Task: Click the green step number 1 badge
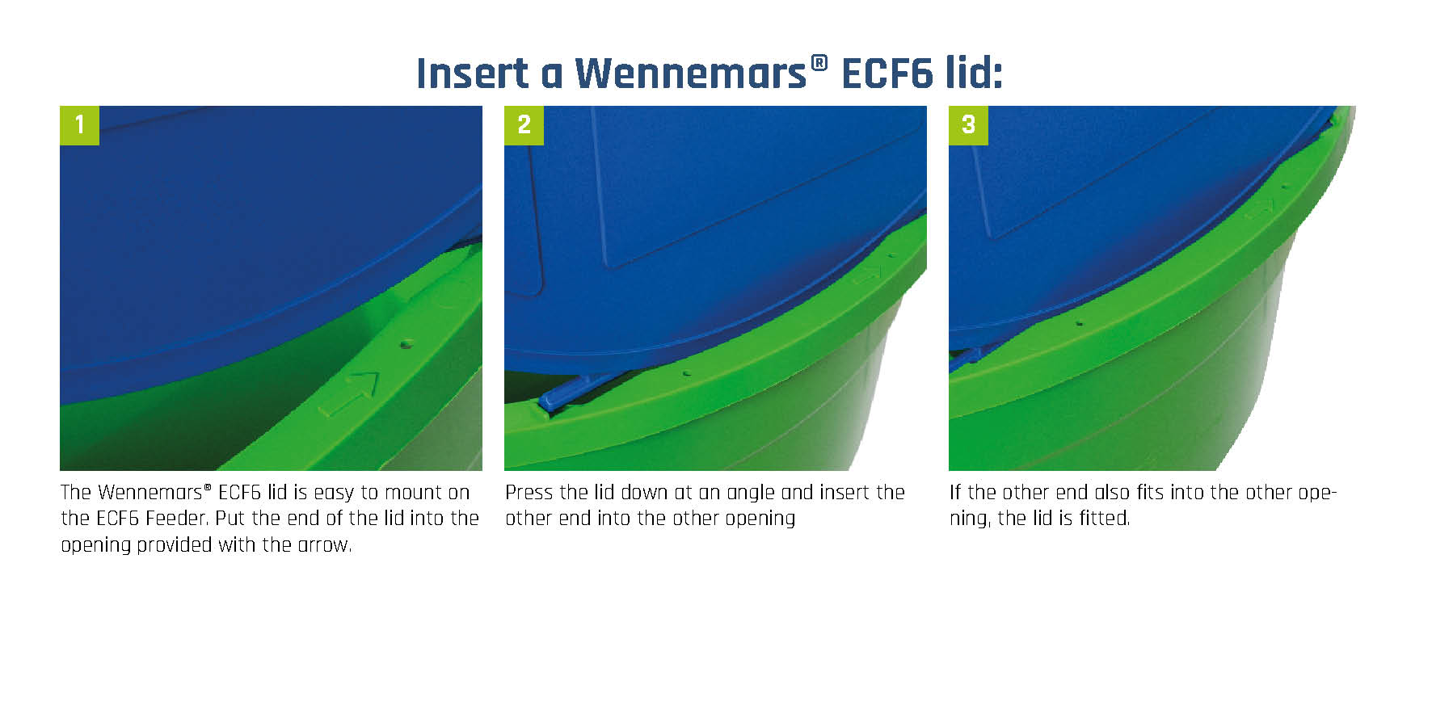tap(79, 125)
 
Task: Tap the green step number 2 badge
tap(524, 125)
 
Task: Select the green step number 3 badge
tap(968, 125)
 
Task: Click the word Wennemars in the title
tap(690, 74)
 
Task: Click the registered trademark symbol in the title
tap(819, 63)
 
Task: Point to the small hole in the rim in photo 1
tap(406, 344)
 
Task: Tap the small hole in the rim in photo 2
tap(686, 374)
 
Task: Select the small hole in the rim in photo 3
tap(1079, 324)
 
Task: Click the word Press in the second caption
tap(529, 493)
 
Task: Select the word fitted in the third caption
tap(1104, 519)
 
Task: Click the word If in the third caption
tap(955, 493)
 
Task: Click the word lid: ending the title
tap(974, 74)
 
